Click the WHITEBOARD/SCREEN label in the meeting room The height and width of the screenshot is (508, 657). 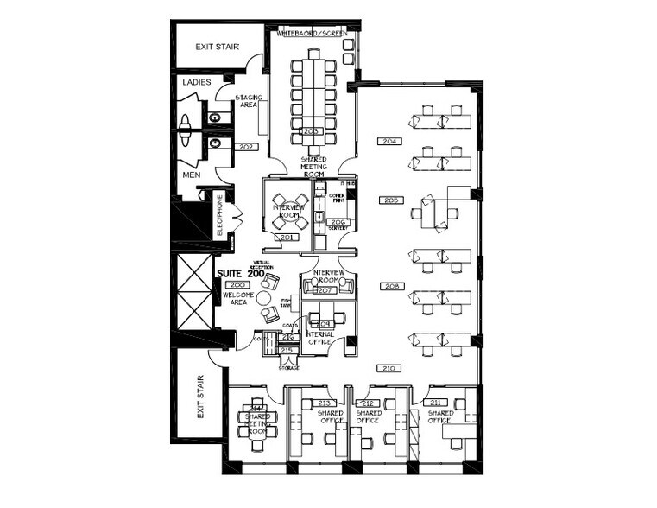tap(312, 33)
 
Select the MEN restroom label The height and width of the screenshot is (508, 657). tap(191, 175)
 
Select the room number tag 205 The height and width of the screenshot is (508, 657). tap(389, 200)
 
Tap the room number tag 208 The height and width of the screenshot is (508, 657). tap(392, 285)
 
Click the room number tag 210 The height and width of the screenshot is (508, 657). tap(388, 368)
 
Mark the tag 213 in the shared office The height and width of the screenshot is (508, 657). tap(325, 403)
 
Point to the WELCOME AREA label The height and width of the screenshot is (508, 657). tap(238, 298)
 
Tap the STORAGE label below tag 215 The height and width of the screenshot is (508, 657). tap(288, 368)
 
